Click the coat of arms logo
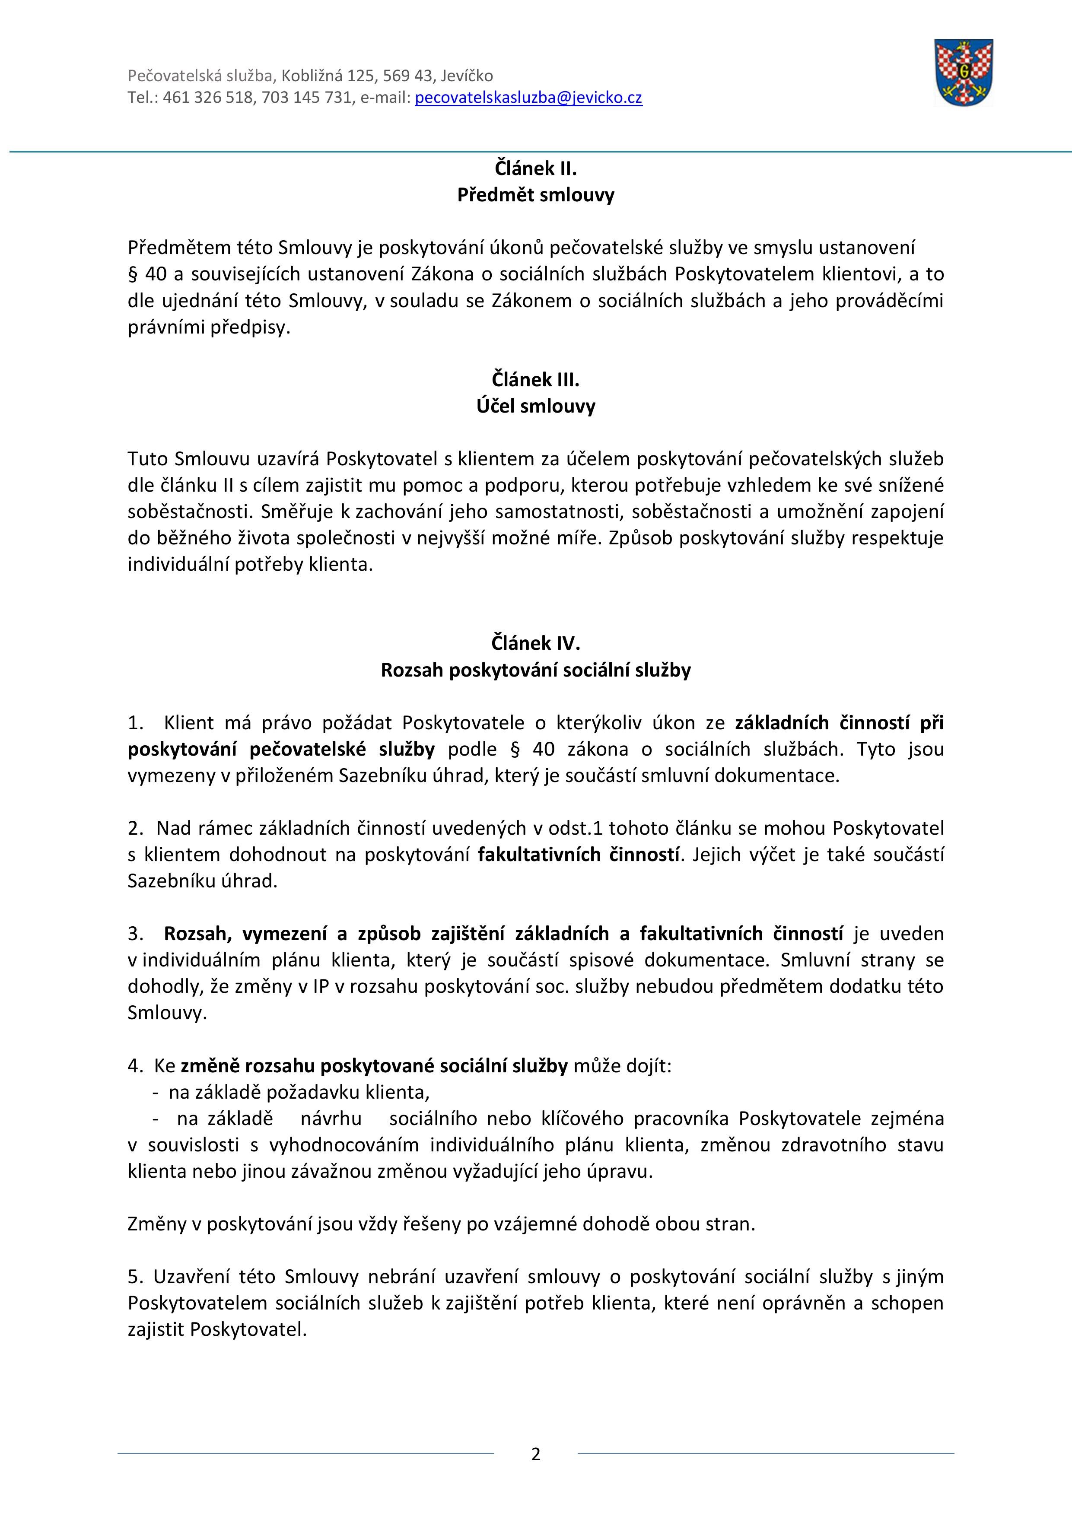pyautogui.click(x=963, y=73)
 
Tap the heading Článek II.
pyautogui.click(x=536, y=169)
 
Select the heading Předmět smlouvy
pyautogui.click(x=536, y=195)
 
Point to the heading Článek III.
pyautogui.click(x=536, y=380)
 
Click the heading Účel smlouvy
pyautogui.click(x=536, y=406)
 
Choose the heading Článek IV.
pyautogui.click(x=536, y=643)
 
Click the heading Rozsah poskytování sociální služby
pyautogui.click(x=536, y=670)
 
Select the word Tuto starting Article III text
pyautogui.click(x=149, y=459)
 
